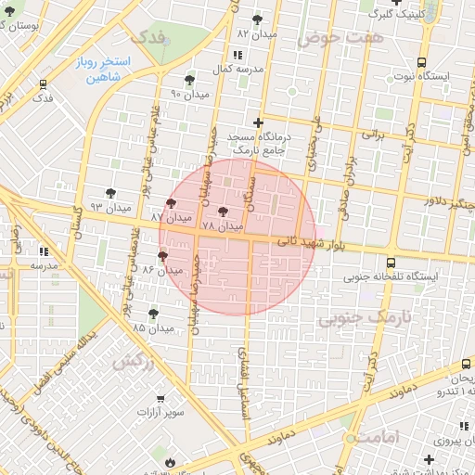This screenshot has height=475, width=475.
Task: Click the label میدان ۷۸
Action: tap(221, 226)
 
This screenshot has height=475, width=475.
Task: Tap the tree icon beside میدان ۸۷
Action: tap(171, 204)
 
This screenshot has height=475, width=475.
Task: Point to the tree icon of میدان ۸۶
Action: tap(162, 255)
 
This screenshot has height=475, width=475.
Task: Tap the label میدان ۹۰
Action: tap(190, 94)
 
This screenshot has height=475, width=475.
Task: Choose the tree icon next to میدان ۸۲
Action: tap(257, 19)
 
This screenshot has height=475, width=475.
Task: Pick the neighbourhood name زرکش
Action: tap(134, 362)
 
